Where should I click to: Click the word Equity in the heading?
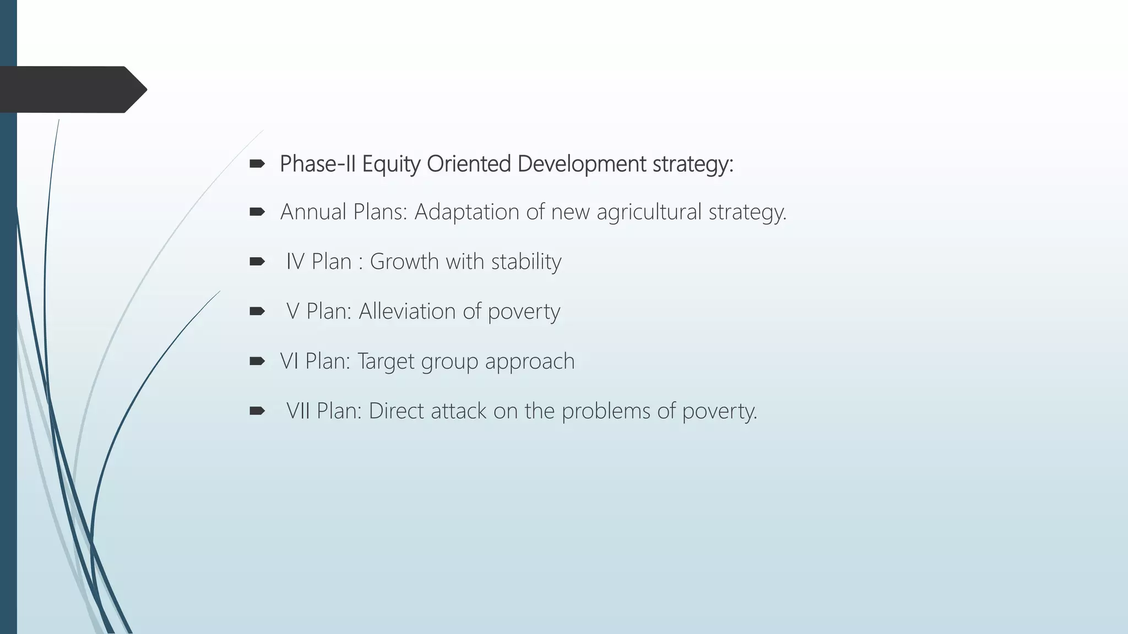391,164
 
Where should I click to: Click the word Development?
582,164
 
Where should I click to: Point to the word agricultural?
649,212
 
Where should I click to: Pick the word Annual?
313,212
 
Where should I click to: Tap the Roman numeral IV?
295,261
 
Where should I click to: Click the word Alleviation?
407,311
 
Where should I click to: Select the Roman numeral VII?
298,411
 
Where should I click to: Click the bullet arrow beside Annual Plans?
257,212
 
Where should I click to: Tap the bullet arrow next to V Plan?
257,311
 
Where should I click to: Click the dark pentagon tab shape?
72,89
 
